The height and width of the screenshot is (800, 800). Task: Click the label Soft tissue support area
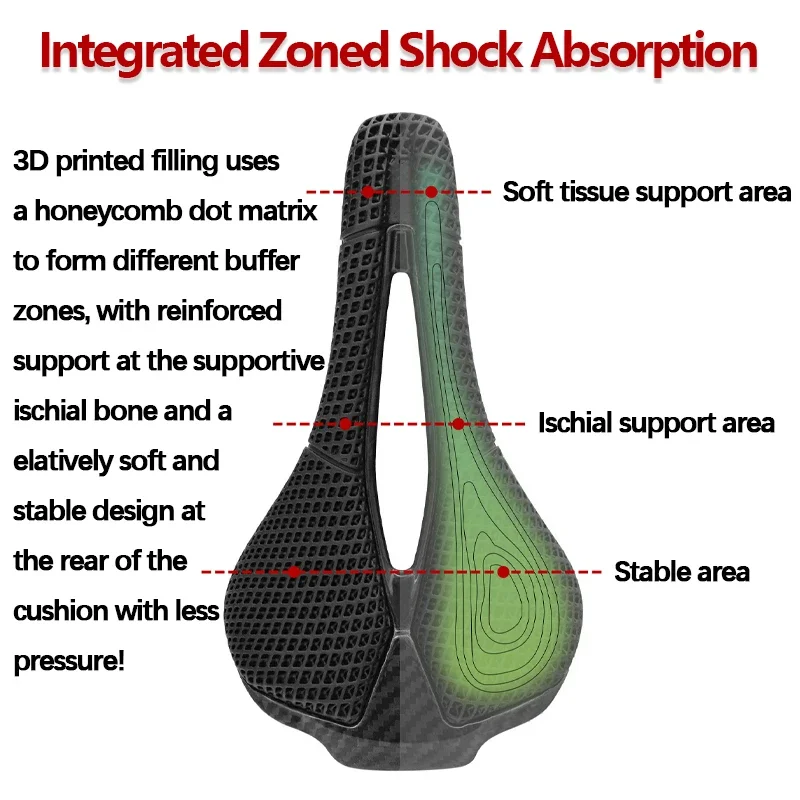[646, 191]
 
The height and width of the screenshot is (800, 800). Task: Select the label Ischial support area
[656, 423]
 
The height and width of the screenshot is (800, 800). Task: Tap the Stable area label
[681, 572]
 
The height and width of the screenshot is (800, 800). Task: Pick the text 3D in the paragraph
[31, 161]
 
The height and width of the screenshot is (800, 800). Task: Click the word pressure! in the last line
[69, 661]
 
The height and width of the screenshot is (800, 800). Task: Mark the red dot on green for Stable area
[503, 572]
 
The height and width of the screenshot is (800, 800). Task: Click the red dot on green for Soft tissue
[431, 191]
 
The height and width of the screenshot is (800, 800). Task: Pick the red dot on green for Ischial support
[458, 424]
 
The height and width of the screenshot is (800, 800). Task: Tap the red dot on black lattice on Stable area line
[294, 572]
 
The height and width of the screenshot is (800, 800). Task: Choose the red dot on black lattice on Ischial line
[345, 424]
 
